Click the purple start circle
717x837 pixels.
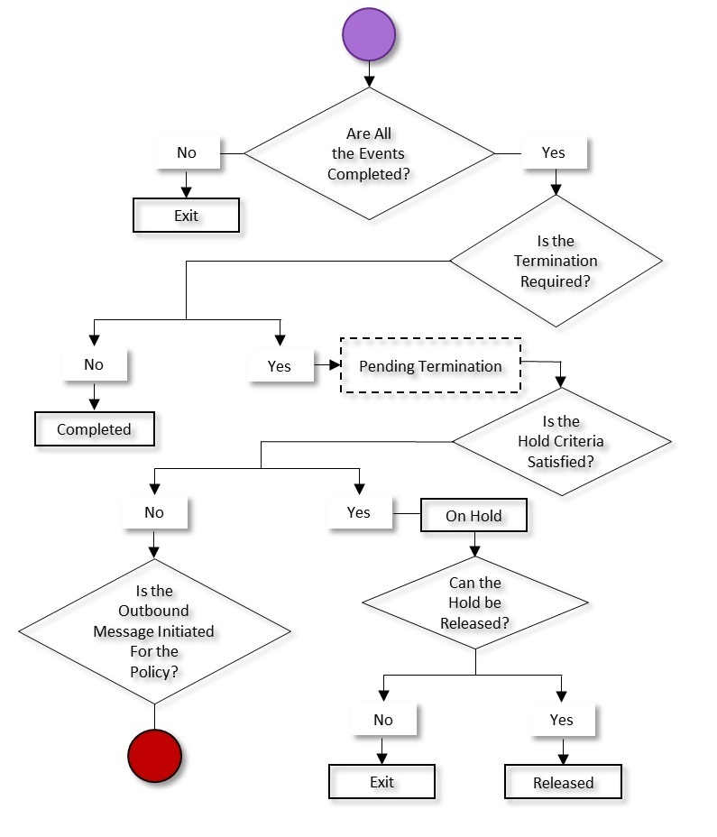coord(368,35)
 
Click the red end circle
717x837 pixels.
coord(155,755)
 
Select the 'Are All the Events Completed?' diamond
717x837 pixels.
coord(369,153)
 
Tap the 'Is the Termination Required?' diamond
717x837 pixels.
coord(556,262)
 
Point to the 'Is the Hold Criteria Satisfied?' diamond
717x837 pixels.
coord(561,442)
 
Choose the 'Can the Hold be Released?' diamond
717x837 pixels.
coord(474,602)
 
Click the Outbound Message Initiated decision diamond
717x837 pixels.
coord(154,631)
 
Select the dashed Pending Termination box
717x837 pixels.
coord(431,366)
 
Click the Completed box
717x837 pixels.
coord(95,429)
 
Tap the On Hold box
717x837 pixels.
coord(473,516)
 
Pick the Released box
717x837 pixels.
coord(563,782)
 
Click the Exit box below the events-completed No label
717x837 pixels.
coord(186,216)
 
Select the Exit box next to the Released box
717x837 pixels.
coord(381,781)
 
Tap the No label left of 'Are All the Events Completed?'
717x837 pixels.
coord(187,152)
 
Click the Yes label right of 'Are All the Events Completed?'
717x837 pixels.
coord(554,152)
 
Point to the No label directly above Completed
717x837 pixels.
coord(94,364)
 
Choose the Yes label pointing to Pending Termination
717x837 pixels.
coord(280,366)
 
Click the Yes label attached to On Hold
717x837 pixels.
coord(359,512)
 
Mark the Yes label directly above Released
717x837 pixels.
coord(561,720)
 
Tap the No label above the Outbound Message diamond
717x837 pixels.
coord(154,512)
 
